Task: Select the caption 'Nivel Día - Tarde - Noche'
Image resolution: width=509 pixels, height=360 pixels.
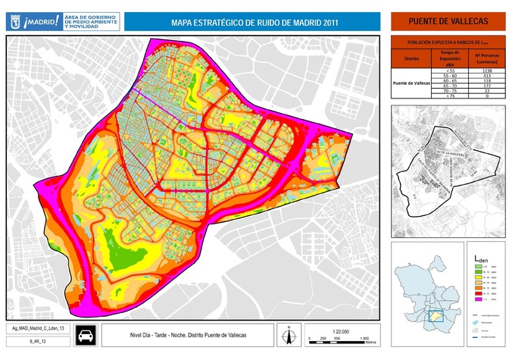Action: point(174,335)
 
